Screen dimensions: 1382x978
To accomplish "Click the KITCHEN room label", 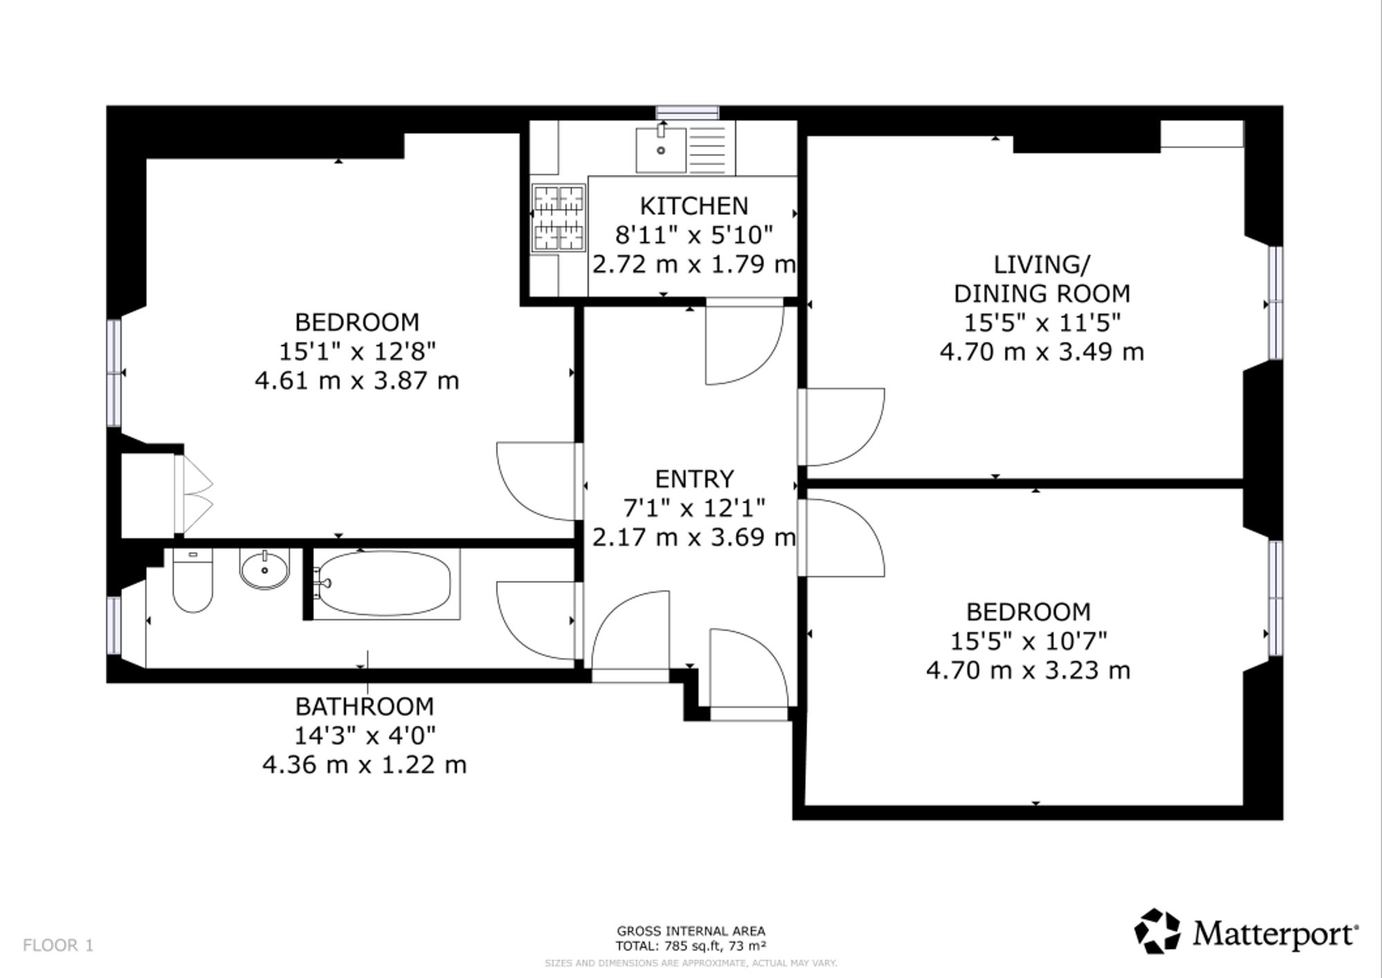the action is click(694, 206).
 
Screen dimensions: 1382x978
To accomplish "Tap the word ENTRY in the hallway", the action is click(694, 479).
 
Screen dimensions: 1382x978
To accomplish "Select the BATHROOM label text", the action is click(364, 706).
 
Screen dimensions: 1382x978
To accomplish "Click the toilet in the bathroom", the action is click(193, 580).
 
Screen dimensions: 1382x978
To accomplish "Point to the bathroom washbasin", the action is click(265, 570).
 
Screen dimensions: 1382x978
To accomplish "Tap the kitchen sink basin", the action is click(661, 150).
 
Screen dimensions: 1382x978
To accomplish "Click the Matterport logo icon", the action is click(1157, 932).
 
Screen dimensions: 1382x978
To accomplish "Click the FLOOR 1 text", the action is click(58, 946).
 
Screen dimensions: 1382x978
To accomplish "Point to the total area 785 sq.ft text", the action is click(690, 946).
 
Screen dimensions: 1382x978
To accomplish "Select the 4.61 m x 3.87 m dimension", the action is click(357, 381).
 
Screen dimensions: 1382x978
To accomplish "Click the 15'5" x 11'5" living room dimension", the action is click(1042, 323).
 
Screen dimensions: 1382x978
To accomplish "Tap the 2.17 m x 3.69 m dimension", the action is click(694, 537).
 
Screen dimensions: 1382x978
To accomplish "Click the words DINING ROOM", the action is click(1042, 294).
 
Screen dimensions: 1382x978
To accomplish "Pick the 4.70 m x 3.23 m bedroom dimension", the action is click(1028, 670).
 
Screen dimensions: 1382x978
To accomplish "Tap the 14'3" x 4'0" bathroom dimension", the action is click(365, 735).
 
